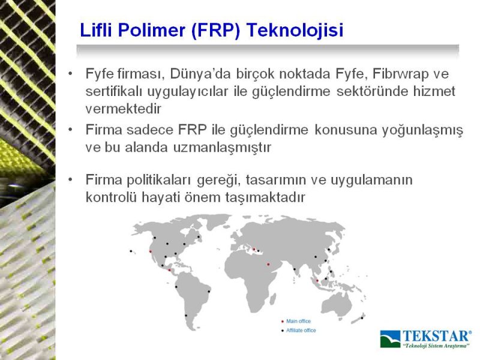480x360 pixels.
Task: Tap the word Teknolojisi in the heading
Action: click(x=295, y=31)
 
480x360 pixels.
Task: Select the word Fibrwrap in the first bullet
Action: click(x=397, y=74)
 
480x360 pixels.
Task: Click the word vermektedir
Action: click(x=123, y=109)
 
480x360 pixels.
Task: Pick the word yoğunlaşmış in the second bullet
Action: click(x=422, y=131)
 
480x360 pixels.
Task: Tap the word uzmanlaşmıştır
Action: click(x=222, y=148)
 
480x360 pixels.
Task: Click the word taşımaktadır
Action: click(x=265, y=198)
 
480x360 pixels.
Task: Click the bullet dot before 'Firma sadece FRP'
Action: click(x=71, y=130)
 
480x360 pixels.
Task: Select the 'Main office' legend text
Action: click(x=298, y=321)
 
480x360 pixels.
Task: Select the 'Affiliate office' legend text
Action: click(x=301, y=331)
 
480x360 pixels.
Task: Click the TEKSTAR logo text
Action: click(x=437, y=336)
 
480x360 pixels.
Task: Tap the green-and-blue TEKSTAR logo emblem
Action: click(x=391, y=339)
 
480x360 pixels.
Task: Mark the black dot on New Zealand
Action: click(x=362, y=318)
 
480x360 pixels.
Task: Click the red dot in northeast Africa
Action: click(x=268, y=265)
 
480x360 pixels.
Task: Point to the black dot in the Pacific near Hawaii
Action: click(x=131, y=251)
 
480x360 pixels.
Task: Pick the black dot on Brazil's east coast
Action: click(x=209, y=292)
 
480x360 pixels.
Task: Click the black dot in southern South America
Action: click(x=186, y=316)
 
